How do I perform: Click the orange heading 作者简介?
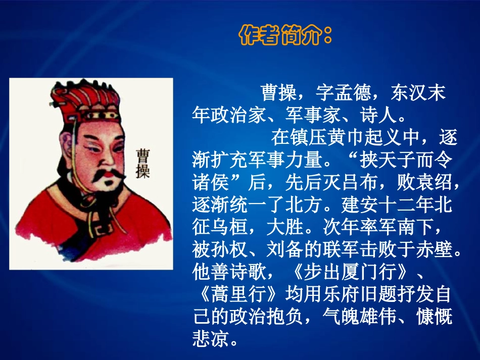tap(286, 36)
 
